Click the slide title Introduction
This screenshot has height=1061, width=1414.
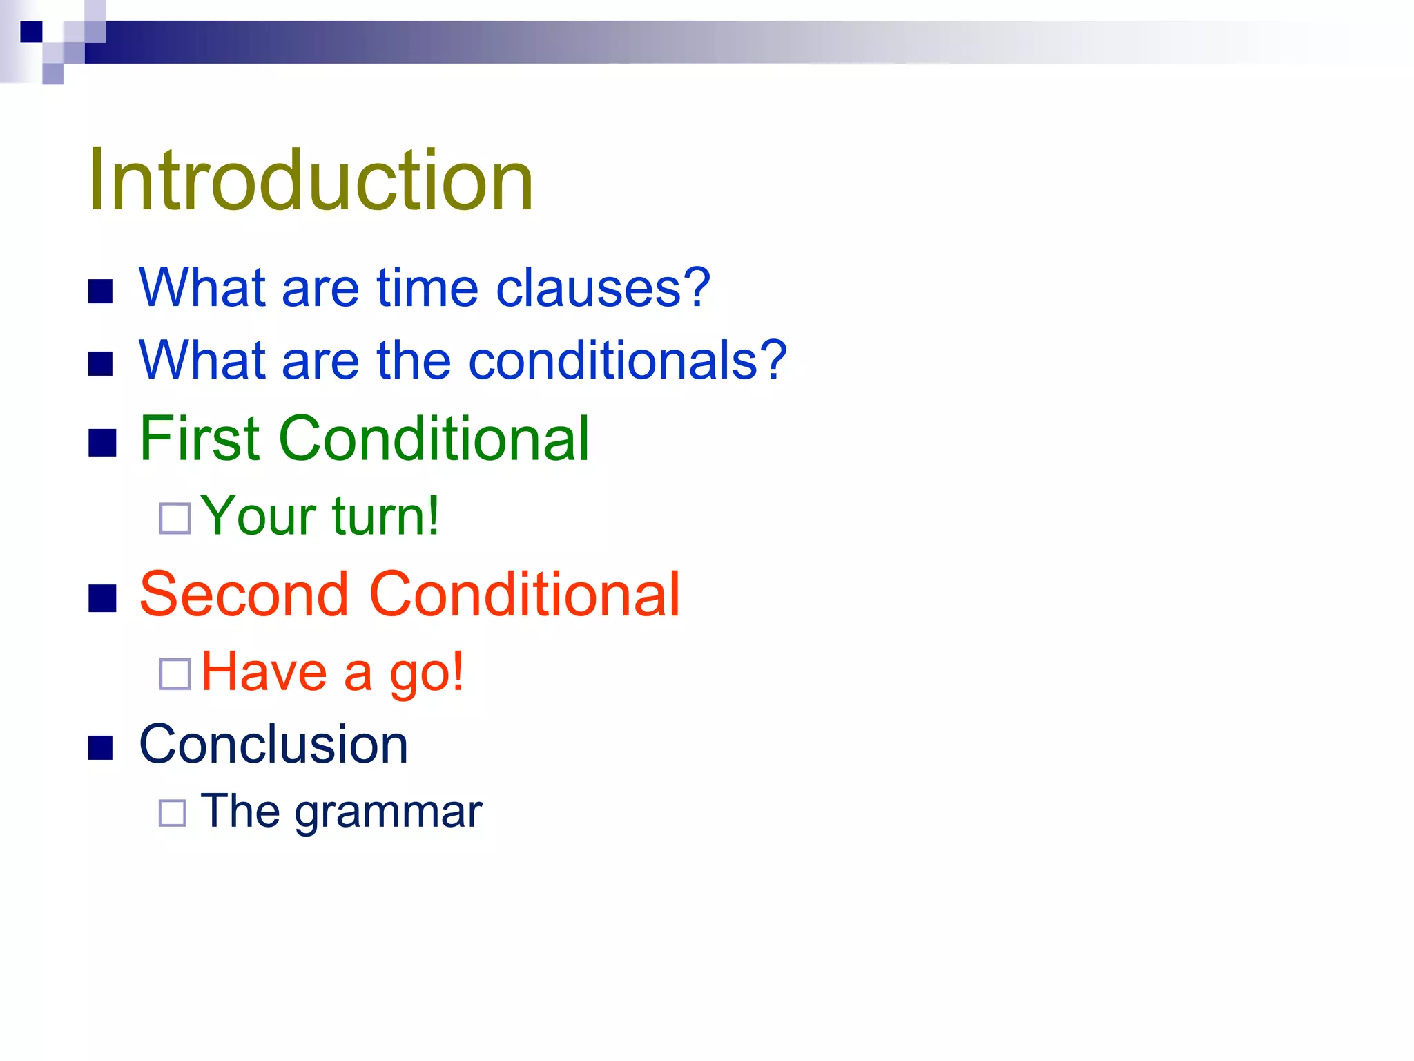pyautogui.click(x=310, y=181)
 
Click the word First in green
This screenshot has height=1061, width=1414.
pyautogui.click(x=200, y=439)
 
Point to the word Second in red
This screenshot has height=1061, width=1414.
pyautogui.click(x=244, y=595)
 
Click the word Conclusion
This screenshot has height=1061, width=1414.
pyautogui.click(x=273, y=745)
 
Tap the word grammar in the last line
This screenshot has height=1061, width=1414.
pyautogui.click(x=388, y=812)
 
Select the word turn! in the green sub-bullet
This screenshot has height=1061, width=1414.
pyautogui.click(x=385, y=516)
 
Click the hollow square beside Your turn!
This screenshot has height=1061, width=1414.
pyautogui.click(x=175, y=518)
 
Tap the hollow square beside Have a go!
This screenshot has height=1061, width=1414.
pyautogui.click(x=175, y=674)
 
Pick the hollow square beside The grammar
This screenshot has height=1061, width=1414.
pyautogui.click(x=172, y=813)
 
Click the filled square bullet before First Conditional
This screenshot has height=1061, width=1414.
pyautogui.click(x=102, y=443)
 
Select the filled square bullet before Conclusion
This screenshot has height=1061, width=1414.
pyautogui.click(x=101, y=747)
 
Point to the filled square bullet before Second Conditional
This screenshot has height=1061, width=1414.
pyautogui.click(x=102, y=598)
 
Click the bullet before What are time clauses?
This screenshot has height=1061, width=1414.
pyautogui.click(x=101, y=291)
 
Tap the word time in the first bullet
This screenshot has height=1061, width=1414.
pyautogui.click(x=427, y=288)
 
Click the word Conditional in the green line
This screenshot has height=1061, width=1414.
pyautogui.click(x=434, y=439)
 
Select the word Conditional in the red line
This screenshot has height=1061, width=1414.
pyautogui.click(x=525, y=595)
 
